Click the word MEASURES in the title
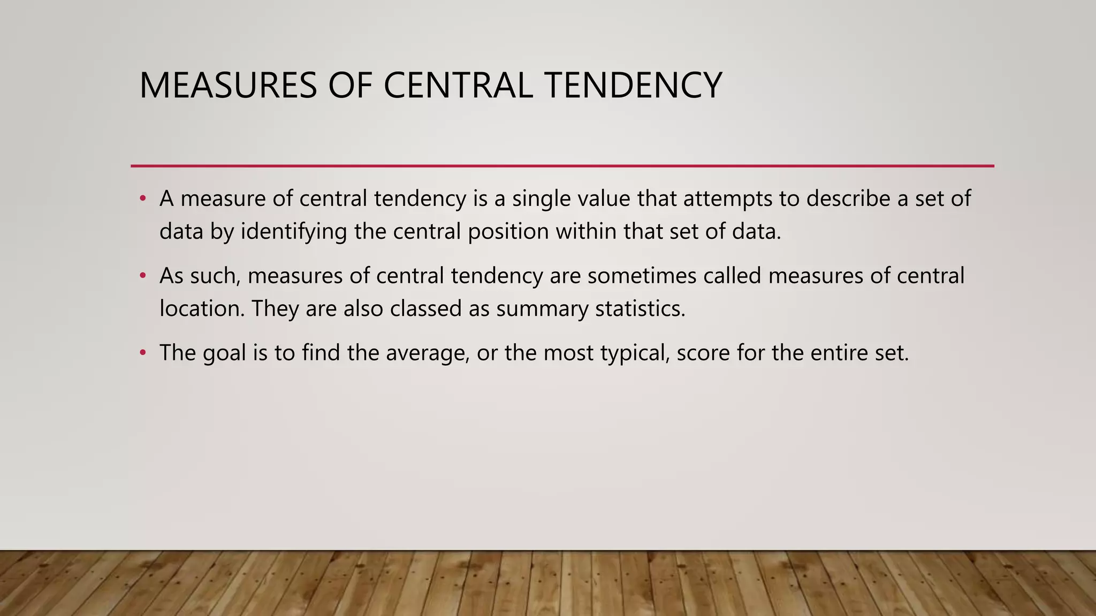point(228,86)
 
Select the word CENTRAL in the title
point(458,86)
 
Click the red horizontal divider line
point(562,166)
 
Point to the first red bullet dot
point(142,199)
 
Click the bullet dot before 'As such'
point(142,276)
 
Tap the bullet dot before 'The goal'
point(142,353)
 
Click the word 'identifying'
point(293,232)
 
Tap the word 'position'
point(508,232)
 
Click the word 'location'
point(202,309)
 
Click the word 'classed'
point(426,309)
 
